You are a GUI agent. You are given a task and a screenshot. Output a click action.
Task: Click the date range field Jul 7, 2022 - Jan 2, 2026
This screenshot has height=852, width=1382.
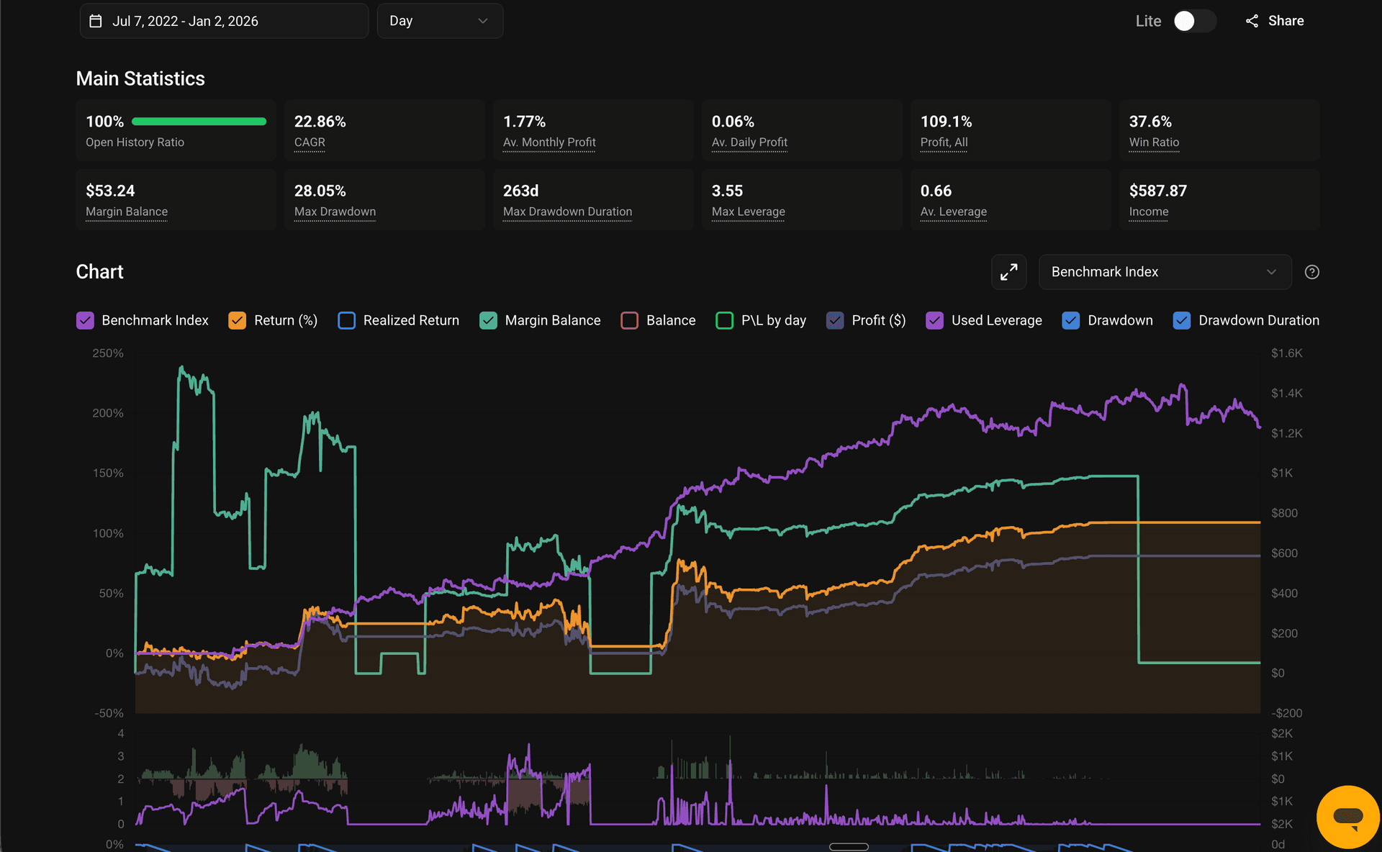[223, 21]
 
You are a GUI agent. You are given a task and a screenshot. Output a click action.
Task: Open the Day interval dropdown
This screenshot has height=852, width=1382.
[439, 21]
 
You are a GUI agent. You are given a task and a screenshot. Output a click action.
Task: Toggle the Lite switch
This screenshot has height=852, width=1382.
[1193, 21]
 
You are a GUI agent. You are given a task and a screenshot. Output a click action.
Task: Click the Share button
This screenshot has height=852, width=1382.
[1275, 21]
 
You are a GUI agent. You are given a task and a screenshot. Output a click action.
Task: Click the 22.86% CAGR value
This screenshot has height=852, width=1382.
[320, 122]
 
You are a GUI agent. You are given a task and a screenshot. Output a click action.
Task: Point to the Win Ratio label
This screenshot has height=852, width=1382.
[1153, 142]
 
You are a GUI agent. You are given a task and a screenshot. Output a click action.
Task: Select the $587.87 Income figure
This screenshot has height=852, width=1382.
[1157, 191]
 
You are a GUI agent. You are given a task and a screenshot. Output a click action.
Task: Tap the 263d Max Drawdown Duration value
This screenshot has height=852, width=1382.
[520, 191]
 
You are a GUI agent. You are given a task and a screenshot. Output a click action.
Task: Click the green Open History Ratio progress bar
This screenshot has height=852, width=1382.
[199, 122]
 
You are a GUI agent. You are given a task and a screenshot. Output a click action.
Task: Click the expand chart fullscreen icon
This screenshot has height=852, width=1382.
[1008, 272]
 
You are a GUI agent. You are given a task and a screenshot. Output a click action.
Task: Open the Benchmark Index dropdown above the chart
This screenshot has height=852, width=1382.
[1164, 272]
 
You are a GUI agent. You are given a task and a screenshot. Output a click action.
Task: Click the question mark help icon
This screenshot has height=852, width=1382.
[1311, 272]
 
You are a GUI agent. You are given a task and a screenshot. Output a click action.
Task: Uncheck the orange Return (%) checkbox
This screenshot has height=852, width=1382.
[237, 320]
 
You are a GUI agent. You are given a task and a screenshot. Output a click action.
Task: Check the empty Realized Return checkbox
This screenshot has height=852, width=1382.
[346, 320]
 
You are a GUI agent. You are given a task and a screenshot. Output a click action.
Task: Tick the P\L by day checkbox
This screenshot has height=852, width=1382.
[724, 320]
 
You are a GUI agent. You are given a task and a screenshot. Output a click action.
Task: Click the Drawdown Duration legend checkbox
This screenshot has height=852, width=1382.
[1181, 320]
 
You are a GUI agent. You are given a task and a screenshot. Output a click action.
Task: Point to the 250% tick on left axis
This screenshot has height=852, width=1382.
[108, 353]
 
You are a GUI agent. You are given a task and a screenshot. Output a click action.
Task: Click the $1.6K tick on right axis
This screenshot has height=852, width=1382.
[1286, 353]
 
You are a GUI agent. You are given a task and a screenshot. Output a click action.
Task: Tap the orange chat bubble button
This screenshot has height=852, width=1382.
[1347, 817]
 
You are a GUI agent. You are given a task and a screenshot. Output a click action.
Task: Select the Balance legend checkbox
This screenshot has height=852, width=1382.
[629, 320]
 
